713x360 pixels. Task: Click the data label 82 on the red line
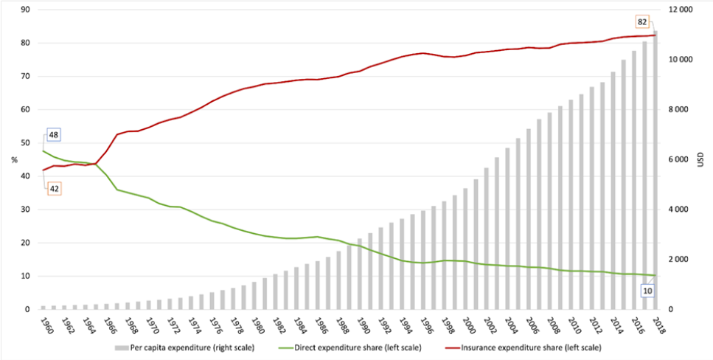(x=642, y=21)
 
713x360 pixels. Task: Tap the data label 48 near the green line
(x=54, y=134)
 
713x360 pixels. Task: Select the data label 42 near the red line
(x=54, y=188)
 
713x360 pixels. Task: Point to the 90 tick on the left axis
(x=24, y=10)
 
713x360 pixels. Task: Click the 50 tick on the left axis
(x=24, y=143)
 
